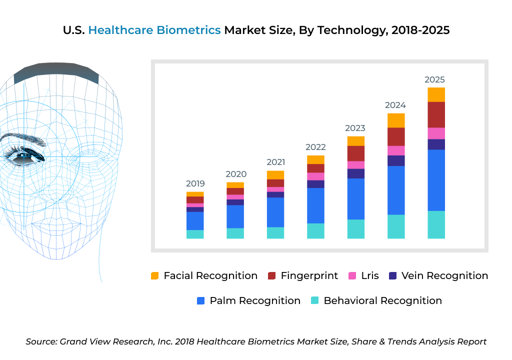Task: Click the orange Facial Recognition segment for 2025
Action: click(x=436, y=94)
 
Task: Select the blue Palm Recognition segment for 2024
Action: click(x=396, y=190)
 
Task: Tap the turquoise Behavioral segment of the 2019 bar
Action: click(x=195, y=234)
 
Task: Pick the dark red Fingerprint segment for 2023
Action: click(x=355, y=153)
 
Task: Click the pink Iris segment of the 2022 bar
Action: click(x=315, y=176)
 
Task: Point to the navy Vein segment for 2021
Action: click(x=275, y=194)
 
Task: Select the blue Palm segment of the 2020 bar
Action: click(x=235, y=216)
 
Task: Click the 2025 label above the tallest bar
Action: click(x=434, y=79)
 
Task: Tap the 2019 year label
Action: click(x=195, y=183)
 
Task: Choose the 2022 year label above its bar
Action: click(x=315, y=147)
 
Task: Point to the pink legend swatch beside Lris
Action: click(x=352, y=276)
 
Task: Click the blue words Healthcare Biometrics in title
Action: click(x=154, y=30)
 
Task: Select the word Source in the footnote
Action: click(x=41, y=341)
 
